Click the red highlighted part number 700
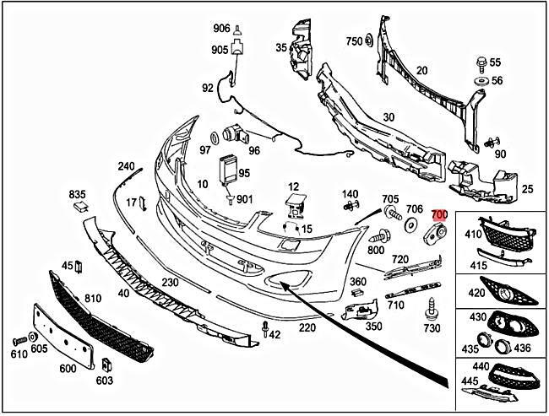click(439, 216)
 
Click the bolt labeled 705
click(391, 211)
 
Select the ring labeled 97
click(215, 138)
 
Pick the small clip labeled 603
click(107, 365)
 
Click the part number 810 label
click(92, 299)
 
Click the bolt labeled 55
click(481, 62)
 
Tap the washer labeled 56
click(481, 81)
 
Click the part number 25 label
click(527, 191)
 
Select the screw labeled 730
click(432, 309)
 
